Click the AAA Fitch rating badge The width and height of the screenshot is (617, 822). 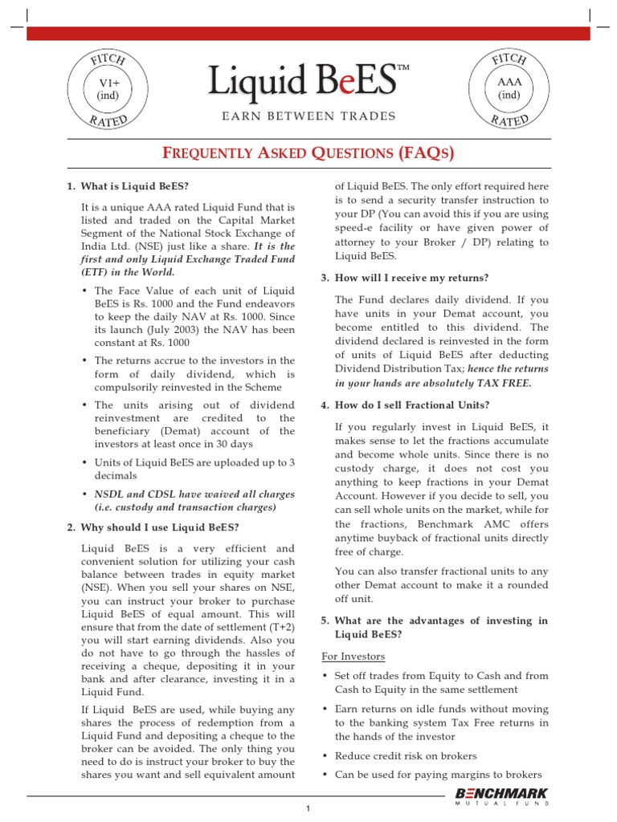click(509, 89)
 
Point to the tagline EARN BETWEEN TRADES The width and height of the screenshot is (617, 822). click(308, 116)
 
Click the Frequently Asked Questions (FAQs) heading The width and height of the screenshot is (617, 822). click(308, 153)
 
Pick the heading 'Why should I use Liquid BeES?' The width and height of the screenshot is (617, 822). click(153, 527)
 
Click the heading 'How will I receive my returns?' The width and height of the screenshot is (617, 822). click(411, 278)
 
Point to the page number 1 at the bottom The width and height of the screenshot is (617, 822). click(307, 808)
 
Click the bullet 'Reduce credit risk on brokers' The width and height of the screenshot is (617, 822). click(406, 755)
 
